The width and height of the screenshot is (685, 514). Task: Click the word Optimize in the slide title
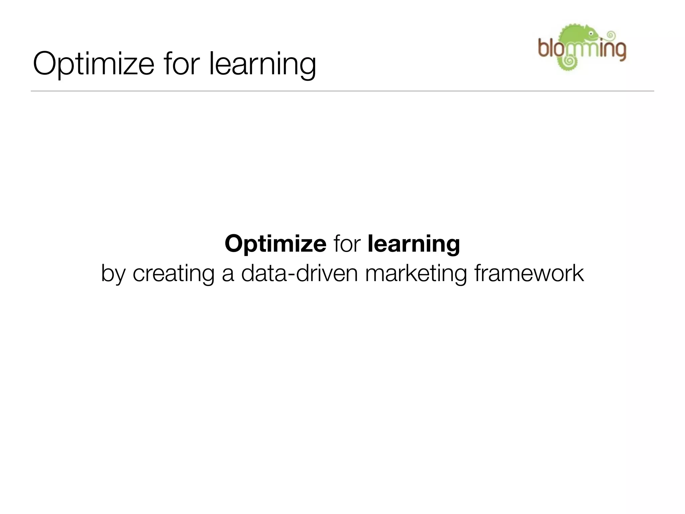93,64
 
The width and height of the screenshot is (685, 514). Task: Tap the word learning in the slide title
263,64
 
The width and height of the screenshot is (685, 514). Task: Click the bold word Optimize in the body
275,244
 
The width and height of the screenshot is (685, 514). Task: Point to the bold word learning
414,244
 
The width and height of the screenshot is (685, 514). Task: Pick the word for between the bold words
347,244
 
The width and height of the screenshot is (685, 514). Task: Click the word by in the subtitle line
113,274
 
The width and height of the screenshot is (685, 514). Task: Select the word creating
173,274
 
